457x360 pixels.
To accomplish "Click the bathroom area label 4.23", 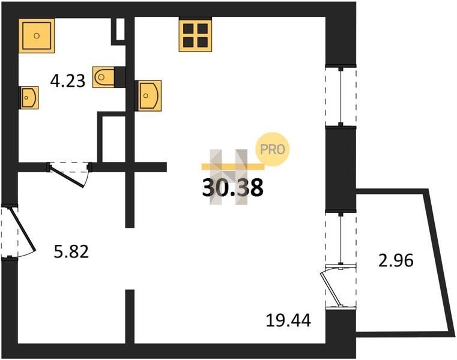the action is (x=68, y=80).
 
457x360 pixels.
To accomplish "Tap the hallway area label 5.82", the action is (x=71, y=251).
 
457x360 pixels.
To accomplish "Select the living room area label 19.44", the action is (x=288, y=320).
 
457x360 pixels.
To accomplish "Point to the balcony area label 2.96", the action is (x=396, y=260).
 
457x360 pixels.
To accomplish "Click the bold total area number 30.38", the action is (x=232, y=187).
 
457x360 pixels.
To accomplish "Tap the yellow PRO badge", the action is (x=272, y=149).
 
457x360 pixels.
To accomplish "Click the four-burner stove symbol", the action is (x=195, y=35).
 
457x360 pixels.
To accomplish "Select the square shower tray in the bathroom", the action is (x=37, y=35).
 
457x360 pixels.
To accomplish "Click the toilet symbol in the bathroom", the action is (x=104, y=77).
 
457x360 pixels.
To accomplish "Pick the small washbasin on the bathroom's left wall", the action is (x=29, y=98).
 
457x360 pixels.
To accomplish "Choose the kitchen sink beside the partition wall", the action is (x=149, y=95).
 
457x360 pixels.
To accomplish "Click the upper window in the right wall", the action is (x=340, y=97).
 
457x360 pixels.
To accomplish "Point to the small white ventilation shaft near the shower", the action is (x=120, y=29).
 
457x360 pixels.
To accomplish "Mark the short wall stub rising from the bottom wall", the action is (x=130, y=317).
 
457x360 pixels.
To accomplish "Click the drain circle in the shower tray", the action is (x=37, y=35).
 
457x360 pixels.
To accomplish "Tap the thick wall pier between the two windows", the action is (x=340, y=168).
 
